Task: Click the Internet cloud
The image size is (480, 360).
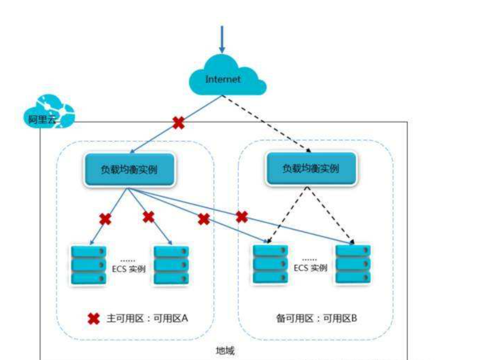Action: click(x=223, y=79)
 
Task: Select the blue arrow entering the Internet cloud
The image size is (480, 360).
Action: click(x=222, y=40)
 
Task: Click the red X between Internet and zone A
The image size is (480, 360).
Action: click(x=178, y=123)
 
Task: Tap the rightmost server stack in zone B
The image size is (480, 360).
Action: click(x=353, y=264)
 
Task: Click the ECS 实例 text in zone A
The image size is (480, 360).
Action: click(x=129, y=269)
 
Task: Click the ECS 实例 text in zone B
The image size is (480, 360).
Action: click(x=310, y=268)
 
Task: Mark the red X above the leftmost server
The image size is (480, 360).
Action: click(x=105, y=219)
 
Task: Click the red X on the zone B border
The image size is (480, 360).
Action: click(x=241, y=217)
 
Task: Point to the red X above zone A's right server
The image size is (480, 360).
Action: click(x=149, y=217)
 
